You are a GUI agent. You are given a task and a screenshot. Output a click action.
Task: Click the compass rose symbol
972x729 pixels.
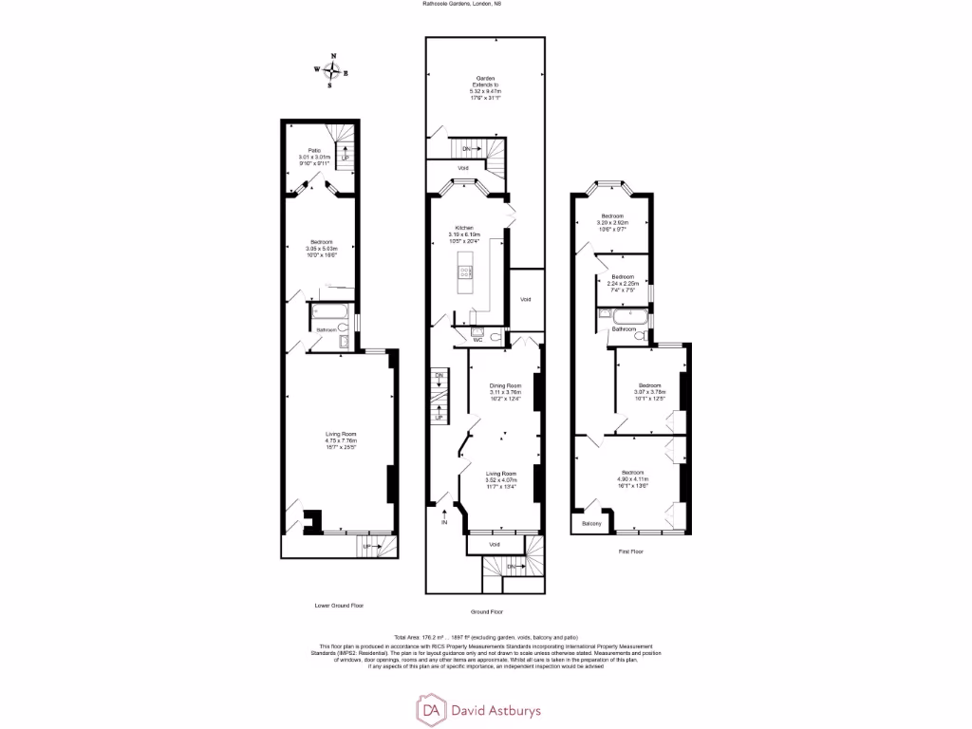click(331, 71)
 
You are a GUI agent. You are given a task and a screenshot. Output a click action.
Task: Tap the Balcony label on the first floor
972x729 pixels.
click(591, 524)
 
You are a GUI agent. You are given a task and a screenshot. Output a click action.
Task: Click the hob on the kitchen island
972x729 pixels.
click(465, 272)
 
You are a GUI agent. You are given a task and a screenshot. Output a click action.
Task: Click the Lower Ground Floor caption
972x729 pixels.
click(339, 605)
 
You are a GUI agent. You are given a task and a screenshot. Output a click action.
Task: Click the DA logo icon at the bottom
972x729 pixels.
click(432, 709)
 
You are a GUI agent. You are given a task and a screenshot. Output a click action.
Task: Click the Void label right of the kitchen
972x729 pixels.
click(525, 299)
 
